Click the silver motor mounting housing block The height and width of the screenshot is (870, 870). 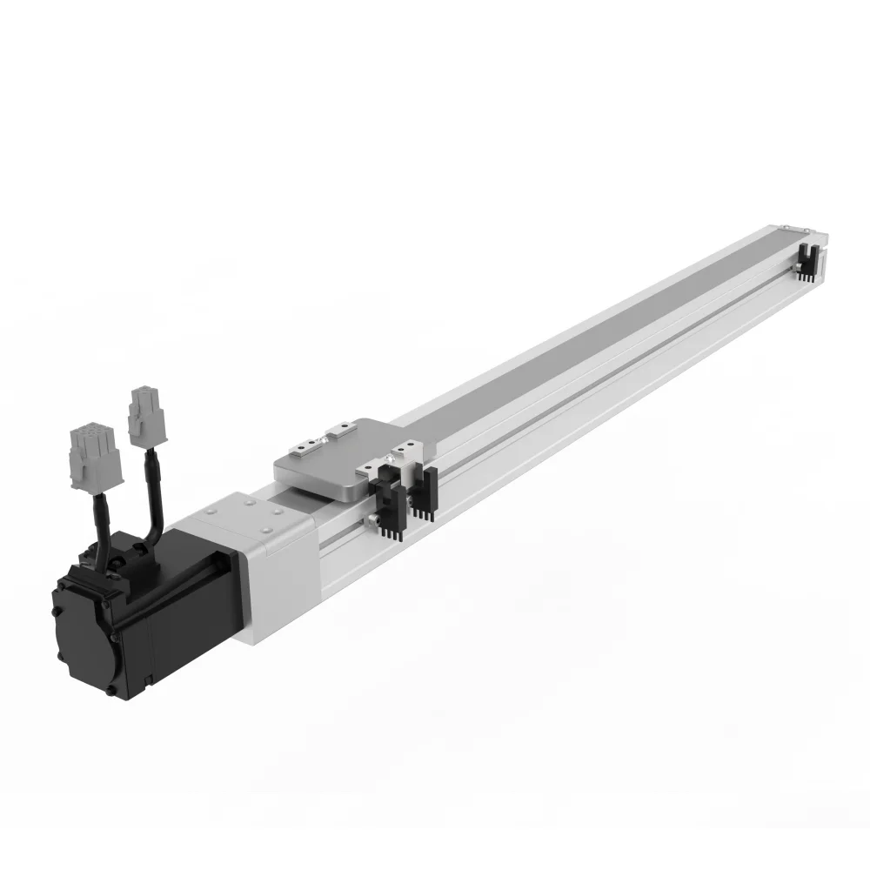pyautogui.click(x=261, y=557)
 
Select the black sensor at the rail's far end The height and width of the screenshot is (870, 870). pyautogui.click(x=805, y=259)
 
